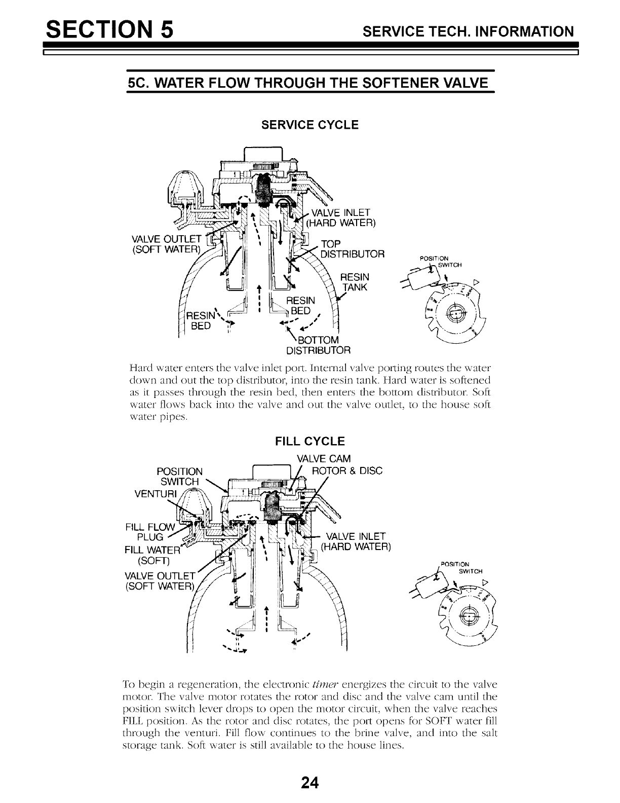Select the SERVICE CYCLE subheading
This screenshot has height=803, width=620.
click(309, 125)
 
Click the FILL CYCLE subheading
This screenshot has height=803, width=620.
click(309, 441)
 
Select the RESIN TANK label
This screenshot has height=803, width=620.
click(355, 282)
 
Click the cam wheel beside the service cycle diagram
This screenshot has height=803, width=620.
click(454, 313)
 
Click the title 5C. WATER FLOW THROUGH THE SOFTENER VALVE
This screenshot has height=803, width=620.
click(309, 83)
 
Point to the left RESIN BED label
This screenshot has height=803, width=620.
click(201, 321)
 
